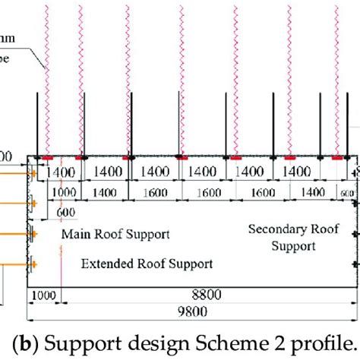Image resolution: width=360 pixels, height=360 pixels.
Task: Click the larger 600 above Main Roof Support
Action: [66, 213]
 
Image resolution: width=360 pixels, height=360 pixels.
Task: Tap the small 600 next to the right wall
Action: [348, 194]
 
